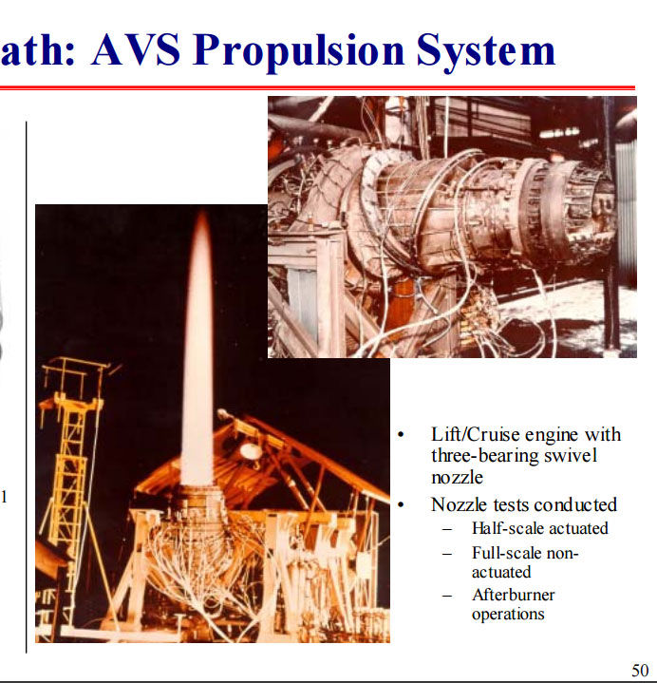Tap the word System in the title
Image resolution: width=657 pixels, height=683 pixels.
tap(485, 51)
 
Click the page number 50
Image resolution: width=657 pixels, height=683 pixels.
tap(640, 670)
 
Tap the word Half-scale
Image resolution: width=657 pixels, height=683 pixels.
tap(504, 528)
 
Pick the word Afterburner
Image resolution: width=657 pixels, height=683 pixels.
tap(514, 595)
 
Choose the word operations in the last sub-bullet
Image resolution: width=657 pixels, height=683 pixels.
tap(508, 615)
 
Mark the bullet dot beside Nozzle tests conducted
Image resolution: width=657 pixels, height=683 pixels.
tap(401, 505)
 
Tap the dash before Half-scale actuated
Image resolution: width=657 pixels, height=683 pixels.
tap(447, 530)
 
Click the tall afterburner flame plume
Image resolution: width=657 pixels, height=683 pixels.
tap(198, 349)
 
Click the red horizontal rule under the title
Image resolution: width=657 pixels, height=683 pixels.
tap(317, 88)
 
